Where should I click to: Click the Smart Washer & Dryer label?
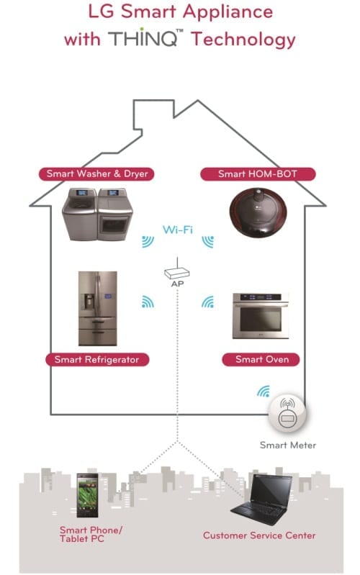click(x=96, y=174)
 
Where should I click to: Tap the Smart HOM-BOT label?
click(x=258, y=174)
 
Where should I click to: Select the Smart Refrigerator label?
click(x=97, y=359)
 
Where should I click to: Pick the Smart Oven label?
click(x=261, y=359)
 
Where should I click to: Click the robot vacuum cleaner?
click(x=258, y=212)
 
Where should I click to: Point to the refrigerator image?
click(x=98, y=309)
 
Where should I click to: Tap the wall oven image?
click(x=261, y=316)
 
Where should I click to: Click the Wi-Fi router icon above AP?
click(x=177, y=271)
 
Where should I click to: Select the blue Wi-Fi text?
click(x=178, y=230)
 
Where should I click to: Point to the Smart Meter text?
click(x=288, y=445)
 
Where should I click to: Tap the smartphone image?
click(x=87, y=495)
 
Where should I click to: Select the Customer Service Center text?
click(x=259, y=535)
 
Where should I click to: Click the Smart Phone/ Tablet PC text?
click(x=91, y=534)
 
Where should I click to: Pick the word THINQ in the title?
click(x=143, y=39)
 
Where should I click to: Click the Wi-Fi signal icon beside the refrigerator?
click(x=148, y=302)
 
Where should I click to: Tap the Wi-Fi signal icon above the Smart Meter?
click(x=264, y=391)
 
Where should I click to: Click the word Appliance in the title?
click(x=228, y=12)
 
